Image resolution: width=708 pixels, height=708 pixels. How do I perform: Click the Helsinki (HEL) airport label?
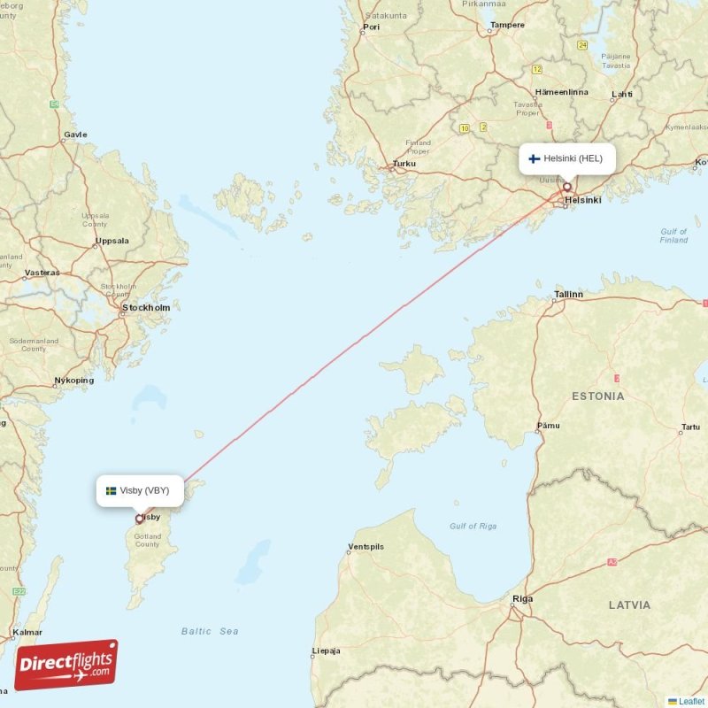573,158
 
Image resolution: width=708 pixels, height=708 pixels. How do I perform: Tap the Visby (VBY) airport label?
144,490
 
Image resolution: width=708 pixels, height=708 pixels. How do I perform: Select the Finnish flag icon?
535,158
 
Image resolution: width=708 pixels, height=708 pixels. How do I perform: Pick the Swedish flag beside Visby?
112,490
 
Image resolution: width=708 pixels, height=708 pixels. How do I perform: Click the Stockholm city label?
146,307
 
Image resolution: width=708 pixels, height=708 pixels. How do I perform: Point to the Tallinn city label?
568,294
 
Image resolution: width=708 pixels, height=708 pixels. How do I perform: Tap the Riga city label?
523,599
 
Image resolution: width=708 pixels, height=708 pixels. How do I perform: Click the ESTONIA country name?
597,396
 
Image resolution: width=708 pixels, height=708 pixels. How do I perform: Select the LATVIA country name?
629,605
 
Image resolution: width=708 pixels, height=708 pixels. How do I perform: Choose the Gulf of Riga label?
473,526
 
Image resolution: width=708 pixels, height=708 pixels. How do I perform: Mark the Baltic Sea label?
210,631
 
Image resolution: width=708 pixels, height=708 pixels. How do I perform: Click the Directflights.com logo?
66,665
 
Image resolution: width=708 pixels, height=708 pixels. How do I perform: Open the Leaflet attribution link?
691,701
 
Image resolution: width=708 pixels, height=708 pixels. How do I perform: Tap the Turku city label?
404,164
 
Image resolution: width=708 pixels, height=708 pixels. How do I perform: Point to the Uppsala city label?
112,240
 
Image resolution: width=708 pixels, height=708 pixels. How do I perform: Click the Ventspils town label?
366,547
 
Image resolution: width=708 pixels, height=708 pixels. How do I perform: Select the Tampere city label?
507,25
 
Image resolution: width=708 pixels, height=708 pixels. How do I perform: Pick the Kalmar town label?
27,633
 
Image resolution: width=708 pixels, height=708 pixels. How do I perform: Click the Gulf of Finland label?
673,235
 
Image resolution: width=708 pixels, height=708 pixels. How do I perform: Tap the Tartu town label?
689,428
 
